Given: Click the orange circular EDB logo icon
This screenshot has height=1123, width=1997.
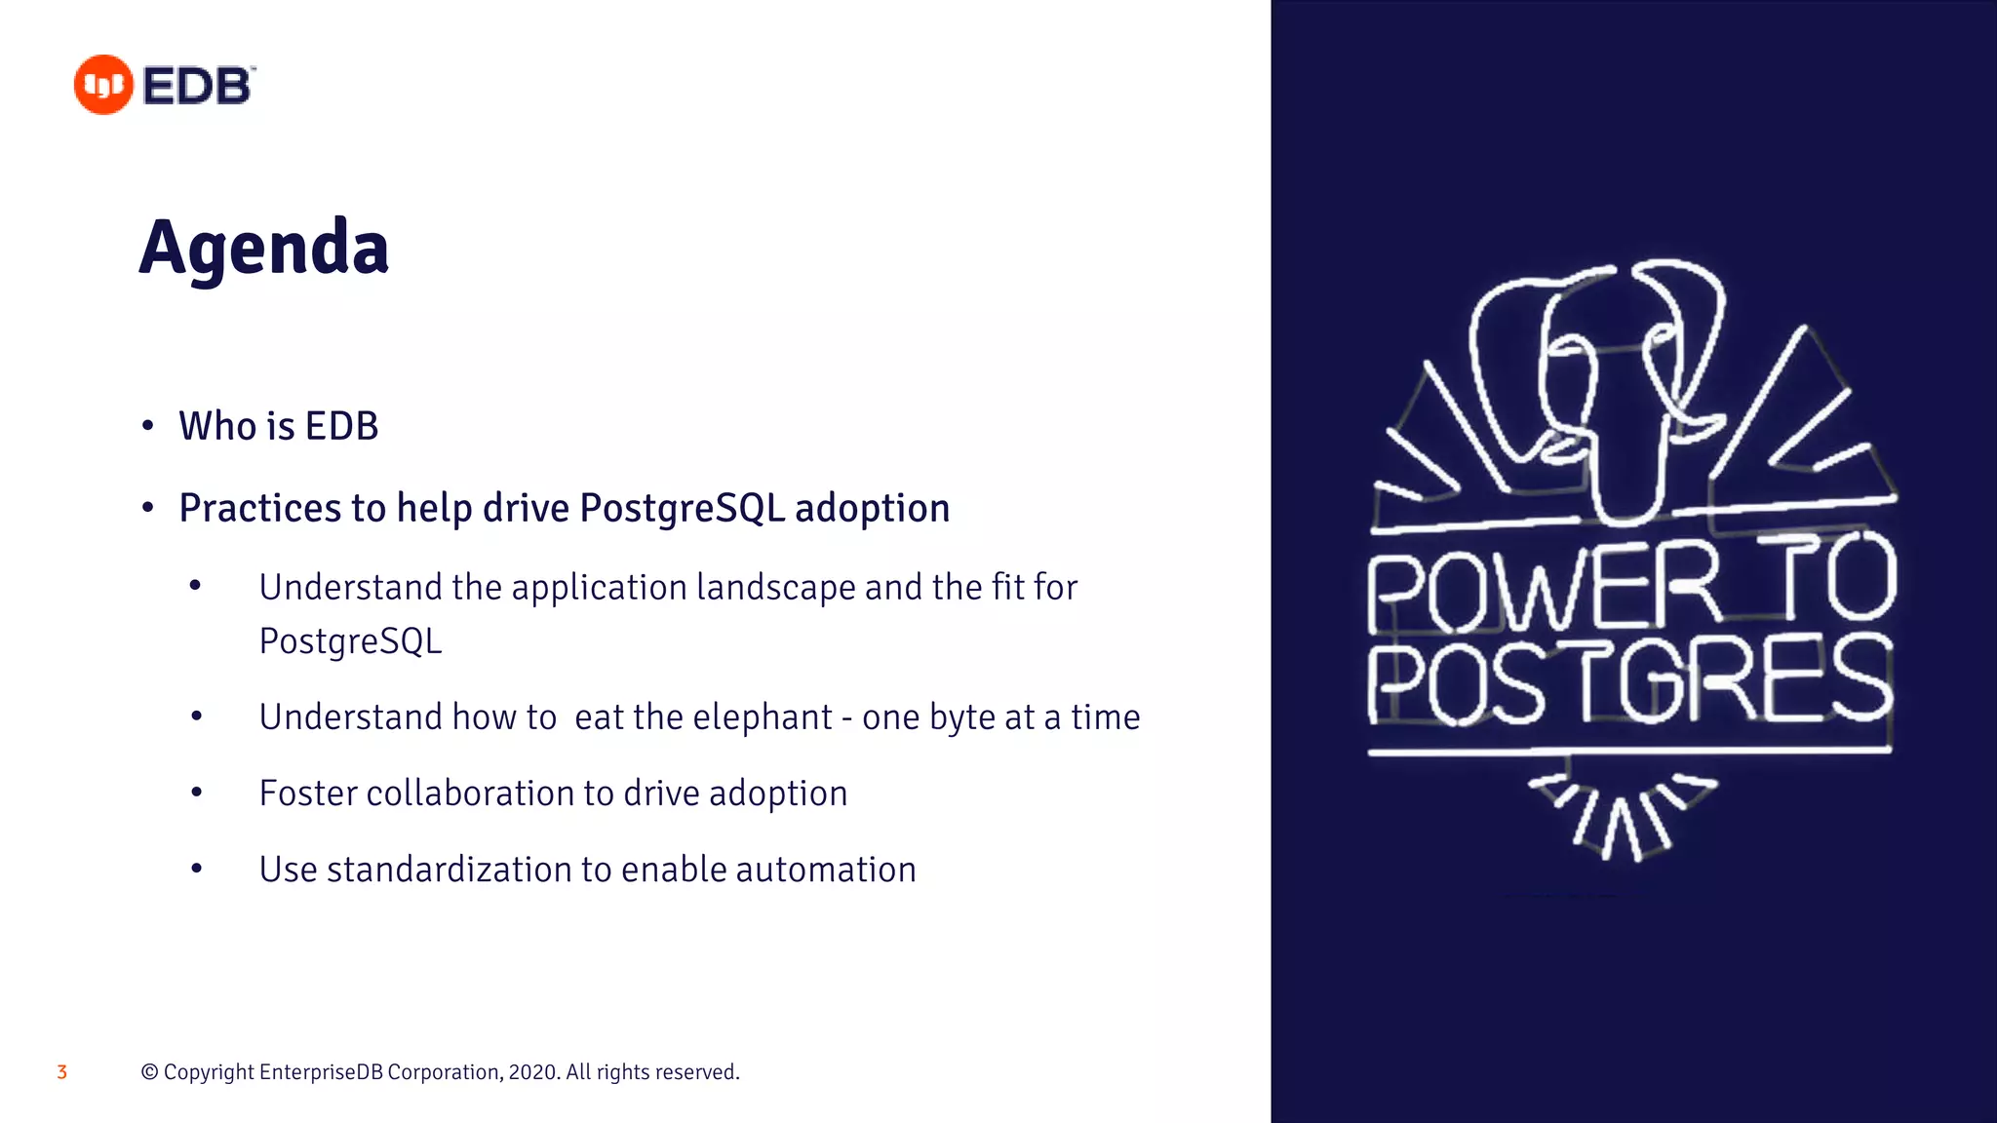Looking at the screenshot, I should [x=102, y=85].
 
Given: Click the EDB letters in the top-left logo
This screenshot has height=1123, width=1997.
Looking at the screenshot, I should [x=198, y=86].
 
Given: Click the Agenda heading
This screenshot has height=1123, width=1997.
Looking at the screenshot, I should [x=264, y=248].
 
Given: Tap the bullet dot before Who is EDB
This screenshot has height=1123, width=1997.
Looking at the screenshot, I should [x=148, y=426].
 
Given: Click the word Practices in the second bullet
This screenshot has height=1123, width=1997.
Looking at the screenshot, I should [x=259, y=508].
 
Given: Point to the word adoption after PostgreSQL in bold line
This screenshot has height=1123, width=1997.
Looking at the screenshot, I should [x=872, y=508].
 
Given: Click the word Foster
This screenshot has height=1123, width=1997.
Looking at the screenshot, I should [x=308, y=794].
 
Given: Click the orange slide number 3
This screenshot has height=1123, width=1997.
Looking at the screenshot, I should [x=61, y=1072].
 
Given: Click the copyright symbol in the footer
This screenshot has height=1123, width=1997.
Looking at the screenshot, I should [x=149, y=1072].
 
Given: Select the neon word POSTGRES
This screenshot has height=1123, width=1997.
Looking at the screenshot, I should [x=1628, y=680].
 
